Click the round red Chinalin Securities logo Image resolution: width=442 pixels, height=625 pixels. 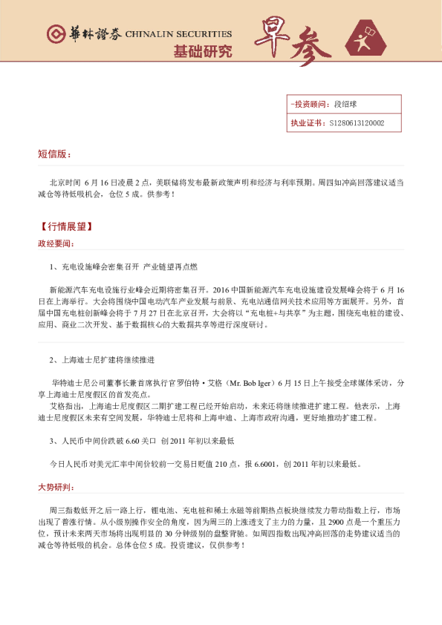pos(53,34)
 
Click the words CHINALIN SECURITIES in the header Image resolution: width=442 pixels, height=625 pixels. pos(178,35)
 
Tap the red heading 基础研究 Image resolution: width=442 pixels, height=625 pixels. pos(202,52)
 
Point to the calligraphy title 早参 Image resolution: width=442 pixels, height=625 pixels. pos(293,45)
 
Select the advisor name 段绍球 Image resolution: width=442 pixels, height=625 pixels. pos(346,105)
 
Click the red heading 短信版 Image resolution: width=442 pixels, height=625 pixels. pos(54,154)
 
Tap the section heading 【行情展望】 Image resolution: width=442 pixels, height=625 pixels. pos(65,226)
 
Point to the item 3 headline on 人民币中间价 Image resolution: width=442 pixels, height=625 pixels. pos(141,441)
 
